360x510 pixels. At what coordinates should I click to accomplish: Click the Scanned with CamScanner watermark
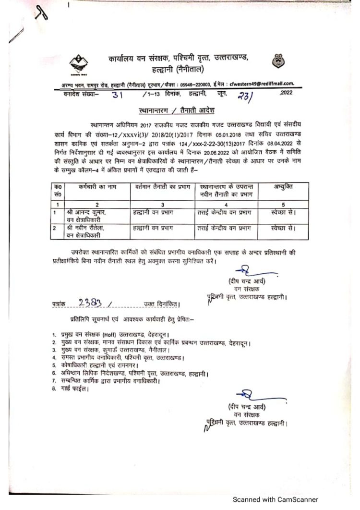275,499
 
